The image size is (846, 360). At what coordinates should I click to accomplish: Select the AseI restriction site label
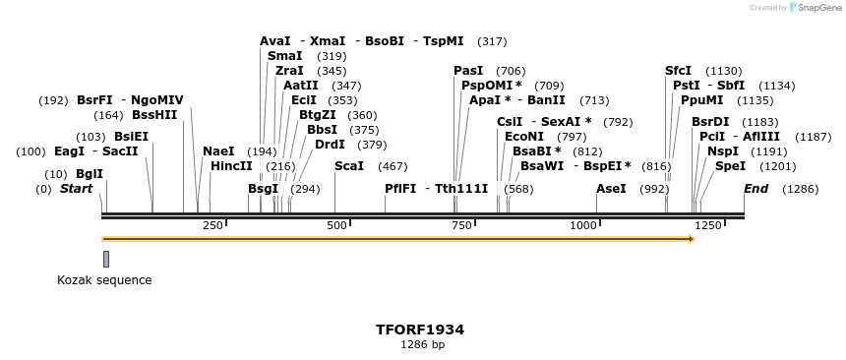(611, 188)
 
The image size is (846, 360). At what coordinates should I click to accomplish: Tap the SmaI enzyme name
(284, 56)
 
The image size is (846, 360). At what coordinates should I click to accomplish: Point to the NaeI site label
(218, 151)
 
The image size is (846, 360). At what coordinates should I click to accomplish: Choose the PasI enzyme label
(468, 71)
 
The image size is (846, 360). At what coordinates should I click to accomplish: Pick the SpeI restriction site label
(730, 166)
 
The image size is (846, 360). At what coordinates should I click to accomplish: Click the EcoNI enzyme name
(523, 137)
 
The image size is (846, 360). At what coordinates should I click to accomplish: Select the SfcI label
(678, 71)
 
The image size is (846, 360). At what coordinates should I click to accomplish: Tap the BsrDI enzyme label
(710, 122)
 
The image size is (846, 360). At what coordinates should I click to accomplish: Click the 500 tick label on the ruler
(337, 225)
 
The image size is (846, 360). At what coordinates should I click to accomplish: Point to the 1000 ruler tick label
(584, 225)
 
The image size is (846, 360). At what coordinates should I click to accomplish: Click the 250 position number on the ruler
(213, 225)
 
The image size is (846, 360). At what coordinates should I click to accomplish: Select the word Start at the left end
(76, 188)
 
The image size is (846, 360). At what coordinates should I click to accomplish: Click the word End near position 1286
(756, 188)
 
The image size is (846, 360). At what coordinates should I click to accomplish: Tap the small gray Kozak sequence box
(106, 259)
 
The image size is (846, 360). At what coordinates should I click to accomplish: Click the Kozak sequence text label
(104, 280)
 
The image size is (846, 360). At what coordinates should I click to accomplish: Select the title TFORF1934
(420, 330)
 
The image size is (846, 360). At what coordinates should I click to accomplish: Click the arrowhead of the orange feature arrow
(693, 239)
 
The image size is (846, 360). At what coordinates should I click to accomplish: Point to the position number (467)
(393, 166)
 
